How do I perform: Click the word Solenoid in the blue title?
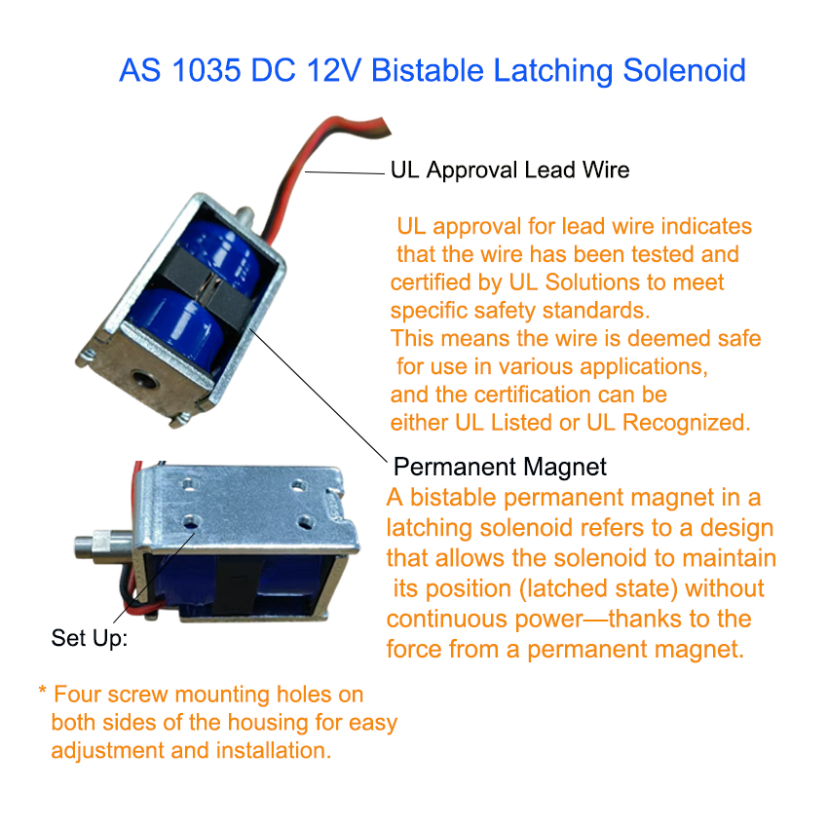685,70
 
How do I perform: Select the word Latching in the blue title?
552,71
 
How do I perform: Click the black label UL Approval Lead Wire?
509,170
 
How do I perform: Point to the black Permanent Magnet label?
500,467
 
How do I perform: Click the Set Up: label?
90,638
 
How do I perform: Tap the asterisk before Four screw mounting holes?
42,690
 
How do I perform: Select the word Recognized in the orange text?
687,423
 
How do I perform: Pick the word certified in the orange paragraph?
431,282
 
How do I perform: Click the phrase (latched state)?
598,588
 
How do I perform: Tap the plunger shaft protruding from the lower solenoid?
103,546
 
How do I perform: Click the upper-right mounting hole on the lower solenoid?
298,485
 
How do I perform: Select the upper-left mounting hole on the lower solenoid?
189,482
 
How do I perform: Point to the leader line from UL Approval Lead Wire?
344,172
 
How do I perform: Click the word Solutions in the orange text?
593,282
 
